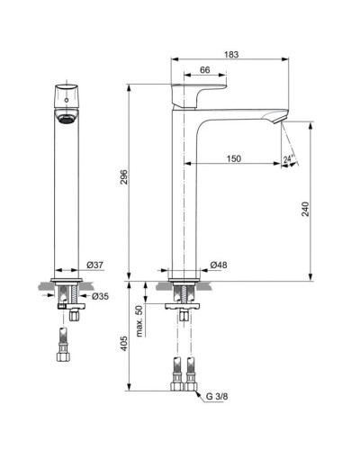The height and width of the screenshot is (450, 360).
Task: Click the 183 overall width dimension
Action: pos(230,55)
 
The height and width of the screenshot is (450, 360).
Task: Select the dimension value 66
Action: pos(204,70)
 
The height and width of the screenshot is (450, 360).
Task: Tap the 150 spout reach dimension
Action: pos(234,158)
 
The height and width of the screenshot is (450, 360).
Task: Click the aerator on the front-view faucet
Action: pos(65,118)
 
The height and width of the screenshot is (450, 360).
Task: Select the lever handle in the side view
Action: pos(198,93)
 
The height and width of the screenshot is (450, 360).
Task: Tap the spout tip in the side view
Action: pos(281,119)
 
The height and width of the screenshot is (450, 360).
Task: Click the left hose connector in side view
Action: pos(175,372)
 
